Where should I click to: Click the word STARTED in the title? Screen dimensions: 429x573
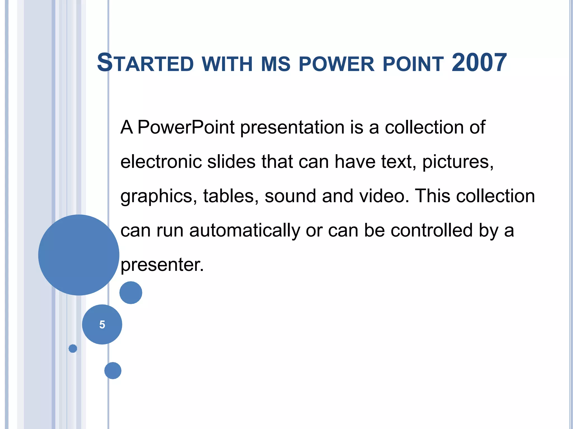pyautogui.click(x=145, y=63)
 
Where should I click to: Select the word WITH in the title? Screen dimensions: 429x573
pyautogui.click(x=227, y=64)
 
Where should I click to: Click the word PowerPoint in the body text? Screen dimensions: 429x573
pyautogui.click(x=186, y=127)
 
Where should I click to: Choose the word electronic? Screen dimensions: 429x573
pyautogui.click(x=161, y=162)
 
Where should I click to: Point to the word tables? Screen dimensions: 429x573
pyautogui.click(x=231, y=196)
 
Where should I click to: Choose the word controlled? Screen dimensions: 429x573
pyautogui.click(x=431, y=230)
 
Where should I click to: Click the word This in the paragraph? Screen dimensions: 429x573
pyautogui.click(x=432, y=196)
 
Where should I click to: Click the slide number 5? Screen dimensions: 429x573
pyautogui.click(x=102, y=325)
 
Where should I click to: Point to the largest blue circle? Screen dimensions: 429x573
pyautogui.click(x=79, y=255)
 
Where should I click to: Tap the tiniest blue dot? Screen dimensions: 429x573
pyautogui.click(x=73, y=349)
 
